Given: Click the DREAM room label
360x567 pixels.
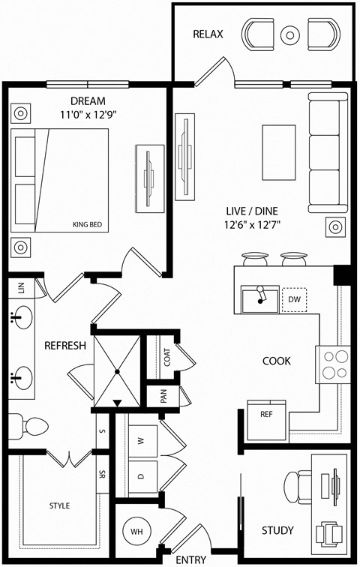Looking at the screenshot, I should click(88, 101).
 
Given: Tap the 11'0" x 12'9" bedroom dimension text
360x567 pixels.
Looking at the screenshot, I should click(88, 115).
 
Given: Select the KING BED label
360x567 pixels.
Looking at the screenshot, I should click(87, 224).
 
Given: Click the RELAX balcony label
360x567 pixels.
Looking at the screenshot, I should click(208, 34).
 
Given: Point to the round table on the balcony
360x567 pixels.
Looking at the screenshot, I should click(290, 34).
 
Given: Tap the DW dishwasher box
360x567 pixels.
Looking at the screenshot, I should click(293, 300).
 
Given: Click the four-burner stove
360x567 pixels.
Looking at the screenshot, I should click(334, 364).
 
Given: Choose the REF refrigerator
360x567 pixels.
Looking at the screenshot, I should click(266, 415).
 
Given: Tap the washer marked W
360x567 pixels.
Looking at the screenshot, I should click(141, 441).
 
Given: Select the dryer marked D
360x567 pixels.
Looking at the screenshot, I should click(141, 476).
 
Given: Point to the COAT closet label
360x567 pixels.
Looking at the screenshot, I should click(166, 358).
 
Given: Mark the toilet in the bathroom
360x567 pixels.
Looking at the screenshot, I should click(30, 427).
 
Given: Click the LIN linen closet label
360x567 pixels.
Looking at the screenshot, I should click(20, 286).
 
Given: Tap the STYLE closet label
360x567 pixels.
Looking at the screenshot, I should click(59, 505).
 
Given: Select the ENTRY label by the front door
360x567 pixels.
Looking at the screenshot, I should click(190, 559).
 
